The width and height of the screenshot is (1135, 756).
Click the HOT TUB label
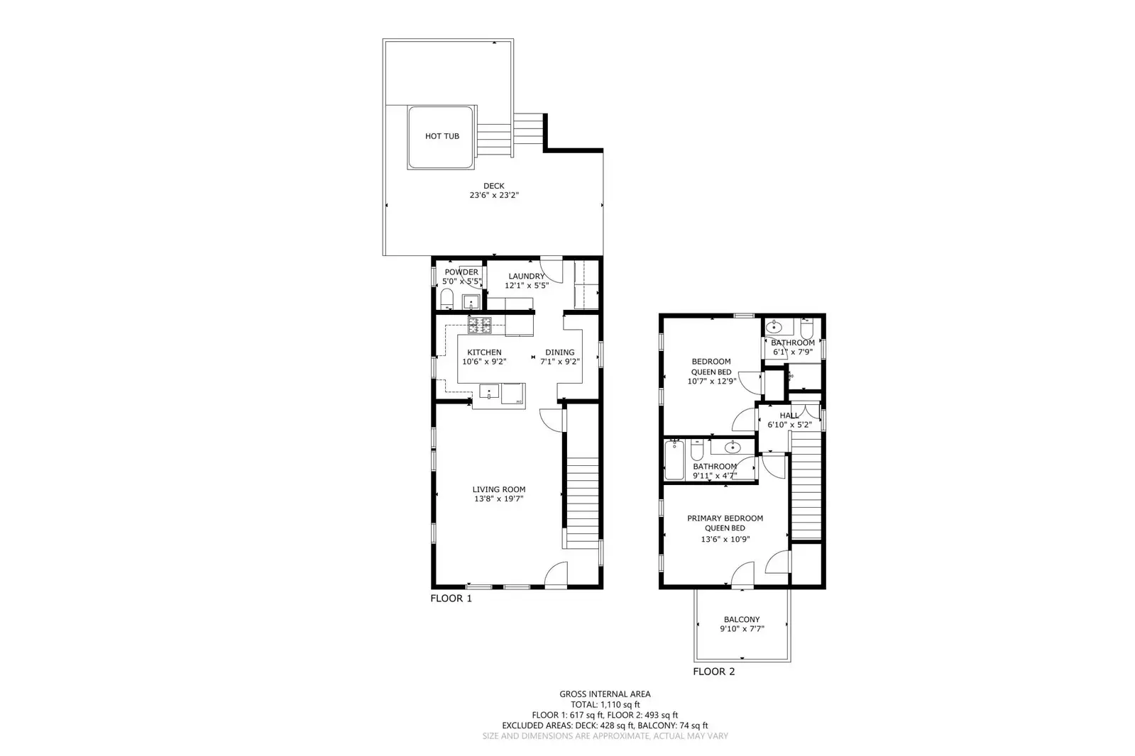(x=442, y=136)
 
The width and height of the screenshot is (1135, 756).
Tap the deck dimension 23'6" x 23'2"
(x=494, y=195)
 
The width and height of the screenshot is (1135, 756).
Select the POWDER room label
(x=461, y=272)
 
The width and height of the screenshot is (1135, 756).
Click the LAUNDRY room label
(x=527, y=276)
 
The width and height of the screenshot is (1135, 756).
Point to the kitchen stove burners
(x=479, y=326)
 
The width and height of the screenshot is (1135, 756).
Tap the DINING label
(x=559, y=352)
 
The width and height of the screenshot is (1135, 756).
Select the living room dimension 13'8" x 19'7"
(x=499, y=499)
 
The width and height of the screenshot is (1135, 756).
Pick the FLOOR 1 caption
(x=451, y=599)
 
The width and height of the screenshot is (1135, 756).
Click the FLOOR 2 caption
(x=713, y=672)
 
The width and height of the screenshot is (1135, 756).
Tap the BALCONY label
(x=742, y=619)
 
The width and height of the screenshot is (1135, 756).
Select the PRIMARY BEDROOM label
(x=725, y=518)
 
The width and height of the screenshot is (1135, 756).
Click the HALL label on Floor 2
(x=789, y=416)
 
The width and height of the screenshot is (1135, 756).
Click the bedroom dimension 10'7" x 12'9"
(x=712, y=381)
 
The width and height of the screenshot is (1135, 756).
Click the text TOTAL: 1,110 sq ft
(x=605, y=705)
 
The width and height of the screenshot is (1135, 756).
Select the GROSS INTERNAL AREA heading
(x=605, y=694)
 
